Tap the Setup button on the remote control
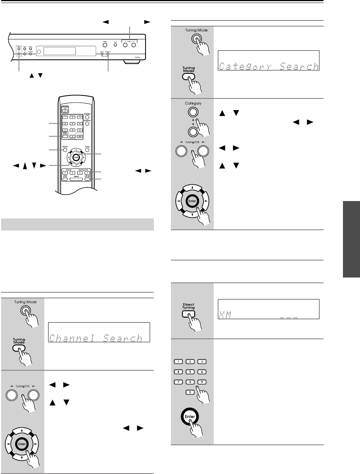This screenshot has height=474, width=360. tap(87, 150)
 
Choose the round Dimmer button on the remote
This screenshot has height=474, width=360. tap(87, 123)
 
